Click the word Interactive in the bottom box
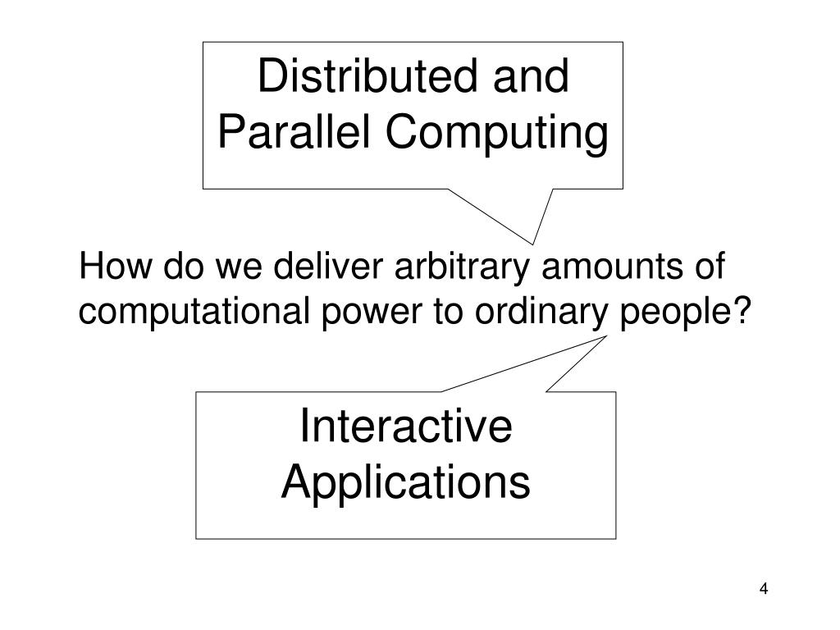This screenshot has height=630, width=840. (x=406, y=427)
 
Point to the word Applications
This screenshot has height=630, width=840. (x=406, y=482)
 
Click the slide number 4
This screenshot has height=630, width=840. (x=764, y=589)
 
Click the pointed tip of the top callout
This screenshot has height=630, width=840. (x=535, y=243)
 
